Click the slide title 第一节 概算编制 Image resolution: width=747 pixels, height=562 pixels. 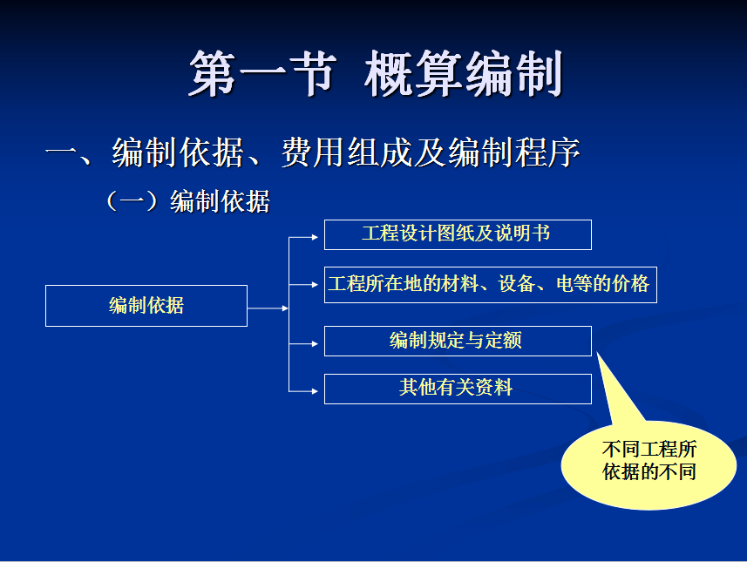point(376,74)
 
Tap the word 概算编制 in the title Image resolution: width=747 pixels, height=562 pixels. point(464,74)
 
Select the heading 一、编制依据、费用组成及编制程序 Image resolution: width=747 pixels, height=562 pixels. point(313,152)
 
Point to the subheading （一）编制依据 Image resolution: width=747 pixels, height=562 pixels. point(187,201)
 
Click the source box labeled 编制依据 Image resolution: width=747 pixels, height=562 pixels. point(146,306)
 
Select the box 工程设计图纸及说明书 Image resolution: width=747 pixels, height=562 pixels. point(458,234)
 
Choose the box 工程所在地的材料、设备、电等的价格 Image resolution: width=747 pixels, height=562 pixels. point(490,285)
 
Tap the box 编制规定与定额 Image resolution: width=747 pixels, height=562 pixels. point(458,341)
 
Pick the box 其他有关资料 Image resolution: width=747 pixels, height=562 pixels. point(458,389)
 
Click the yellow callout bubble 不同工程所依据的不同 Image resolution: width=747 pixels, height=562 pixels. point(649,464)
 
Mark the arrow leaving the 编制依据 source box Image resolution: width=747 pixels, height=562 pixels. point(268,308)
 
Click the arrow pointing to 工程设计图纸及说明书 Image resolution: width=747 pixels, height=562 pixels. point(303,237)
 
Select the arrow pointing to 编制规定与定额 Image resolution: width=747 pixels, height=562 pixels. point(303,344)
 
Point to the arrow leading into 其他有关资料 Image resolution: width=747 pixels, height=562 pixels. point(303,391)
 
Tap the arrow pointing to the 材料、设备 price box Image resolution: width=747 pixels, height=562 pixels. point(303,285)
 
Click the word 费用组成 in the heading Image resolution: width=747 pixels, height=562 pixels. point(346,152)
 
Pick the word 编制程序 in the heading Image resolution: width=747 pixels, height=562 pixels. point(514,152)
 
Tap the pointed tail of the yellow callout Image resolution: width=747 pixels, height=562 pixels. point(597,353)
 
